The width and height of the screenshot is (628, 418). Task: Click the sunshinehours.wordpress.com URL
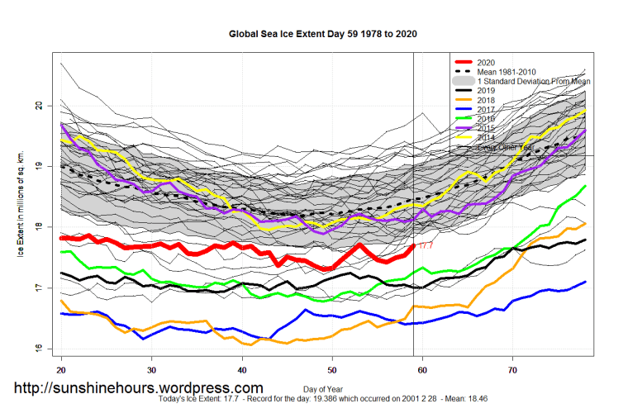coord(137,387)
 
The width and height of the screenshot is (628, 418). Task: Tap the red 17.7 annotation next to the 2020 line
coord(426,245)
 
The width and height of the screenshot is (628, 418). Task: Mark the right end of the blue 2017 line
coord(585,282)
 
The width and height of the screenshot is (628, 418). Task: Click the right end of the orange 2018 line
coord(585,223)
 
